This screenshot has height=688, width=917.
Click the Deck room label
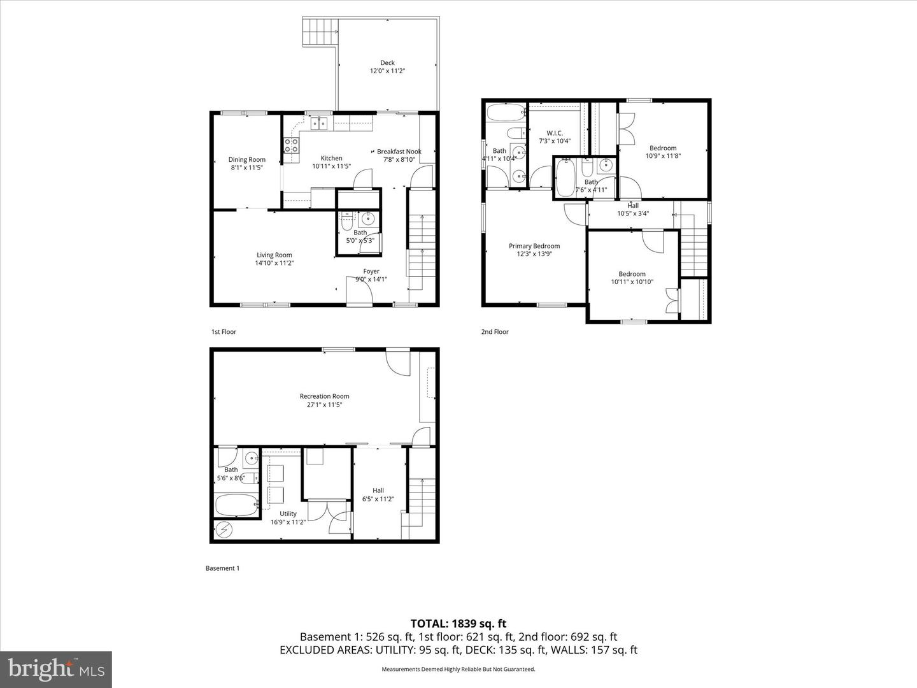point(387,62)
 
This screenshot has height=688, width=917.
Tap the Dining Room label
point(247,160)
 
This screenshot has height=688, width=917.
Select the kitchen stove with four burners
point(291,146)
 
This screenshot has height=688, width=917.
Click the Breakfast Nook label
point(399,152)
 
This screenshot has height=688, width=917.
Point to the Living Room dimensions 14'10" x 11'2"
point(274,263)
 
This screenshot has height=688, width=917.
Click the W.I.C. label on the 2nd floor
point(555,133)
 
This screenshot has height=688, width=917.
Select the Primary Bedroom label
point(534,246)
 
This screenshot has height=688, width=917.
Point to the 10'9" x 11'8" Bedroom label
point(663,148)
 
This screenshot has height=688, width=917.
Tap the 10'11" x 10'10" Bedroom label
point(632,274)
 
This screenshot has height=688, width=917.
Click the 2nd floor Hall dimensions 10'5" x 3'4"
point(633,213)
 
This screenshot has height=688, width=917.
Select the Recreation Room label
point(324,396)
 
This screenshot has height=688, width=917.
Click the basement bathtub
point(236,506)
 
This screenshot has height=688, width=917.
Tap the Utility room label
point(288,513)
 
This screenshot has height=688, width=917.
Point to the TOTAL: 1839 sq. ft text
point(458,624)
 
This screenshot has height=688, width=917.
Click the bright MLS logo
point(56,669)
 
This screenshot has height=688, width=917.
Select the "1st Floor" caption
point(224,332)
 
